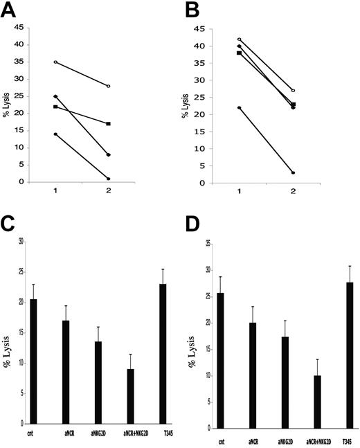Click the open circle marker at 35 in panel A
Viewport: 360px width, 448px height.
(55, 62)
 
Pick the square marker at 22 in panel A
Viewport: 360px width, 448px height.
(55, 107)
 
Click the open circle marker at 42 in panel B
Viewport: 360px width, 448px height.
(239, 39)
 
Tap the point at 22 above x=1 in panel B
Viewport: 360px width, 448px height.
(239, 107)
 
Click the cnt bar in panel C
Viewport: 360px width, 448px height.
(33, 361)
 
